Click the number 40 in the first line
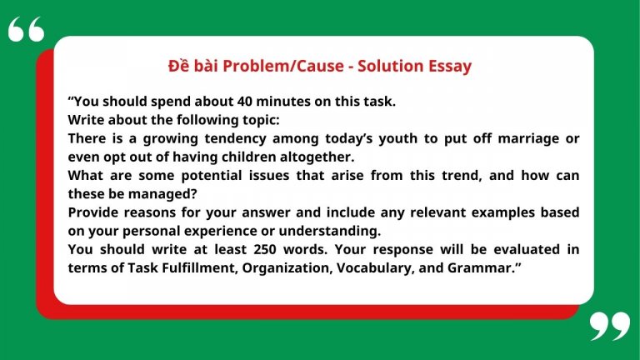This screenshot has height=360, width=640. coord(247,102)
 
